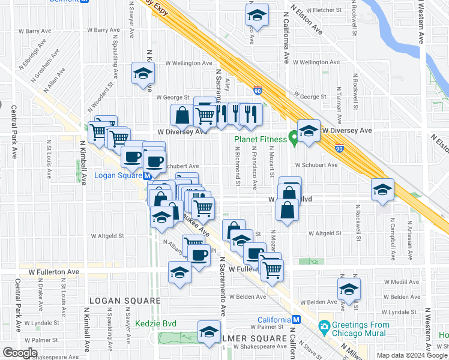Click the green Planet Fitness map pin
click(294, 139)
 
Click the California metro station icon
click(296, 319)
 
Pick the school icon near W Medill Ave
click(349, 289)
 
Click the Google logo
click(20, 353)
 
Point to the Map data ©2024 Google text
click(411, 355)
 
